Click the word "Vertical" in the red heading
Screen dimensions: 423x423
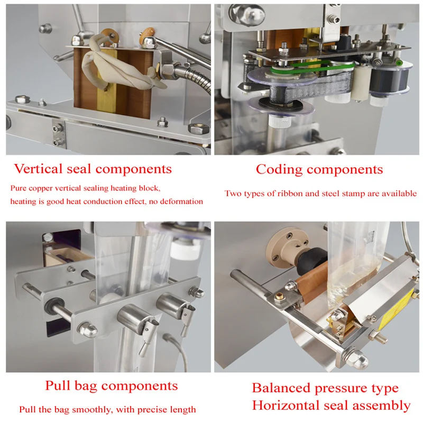pos(38,169)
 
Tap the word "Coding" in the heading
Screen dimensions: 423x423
pos(279,170)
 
